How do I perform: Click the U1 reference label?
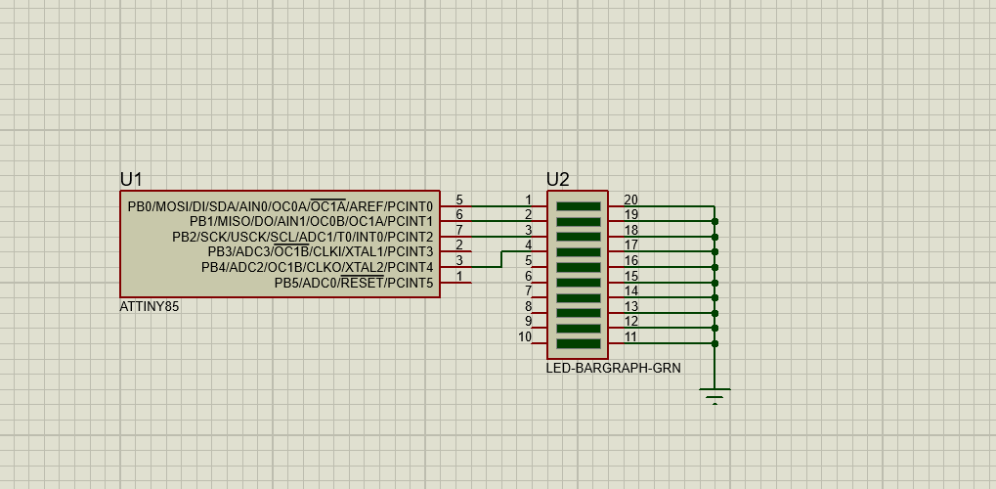coord(131,179)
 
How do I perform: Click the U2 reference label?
coord(557,179)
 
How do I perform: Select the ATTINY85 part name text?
coord(150,307)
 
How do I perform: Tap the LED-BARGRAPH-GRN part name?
coord(613,369)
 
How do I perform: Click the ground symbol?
coord(715,395)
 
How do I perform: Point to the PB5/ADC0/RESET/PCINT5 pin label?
coord(353,284)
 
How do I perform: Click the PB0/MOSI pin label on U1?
coord(280,206)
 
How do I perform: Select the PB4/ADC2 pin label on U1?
coord(317,267)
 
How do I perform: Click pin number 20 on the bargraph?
coord(630,200)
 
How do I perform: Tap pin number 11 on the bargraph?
coord(630,336)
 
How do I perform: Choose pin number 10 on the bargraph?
coord(525,336)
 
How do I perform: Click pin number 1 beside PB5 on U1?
coord(459,277)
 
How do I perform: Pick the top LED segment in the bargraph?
coord(578,206)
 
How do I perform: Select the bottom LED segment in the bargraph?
coord(578,343)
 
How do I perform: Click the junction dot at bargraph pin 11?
coord(715,343)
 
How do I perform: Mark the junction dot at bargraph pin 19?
coord(715,222)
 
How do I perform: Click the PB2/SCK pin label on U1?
coord(302,237)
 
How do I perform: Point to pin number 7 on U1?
coord(459,230)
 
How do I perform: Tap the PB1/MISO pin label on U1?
coord(311,222)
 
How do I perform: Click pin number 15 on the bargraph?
coord(630,276)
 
